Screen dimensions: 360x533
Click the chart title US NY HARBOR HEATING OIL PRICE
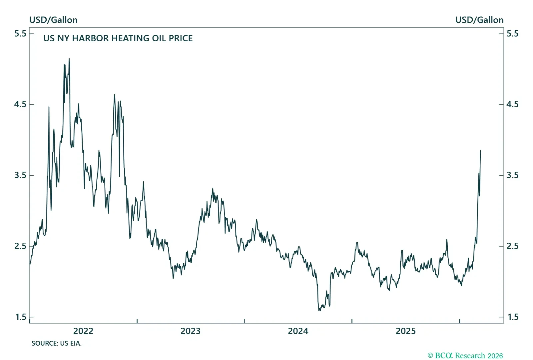coord(118,38)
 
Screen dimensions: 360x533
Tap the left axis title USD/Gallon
coord(53,20)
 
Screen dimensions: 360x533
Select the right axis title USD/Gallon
coord(479,20)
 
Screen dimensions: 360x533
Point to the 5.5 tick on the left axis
coord(20,33)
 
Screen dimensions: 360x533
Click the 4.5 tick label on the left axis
coord(20,104)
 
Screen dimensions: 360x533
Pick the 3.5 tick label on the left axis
coord(20,175)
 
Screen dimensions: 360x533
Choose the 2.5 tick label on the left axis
coord(20,246)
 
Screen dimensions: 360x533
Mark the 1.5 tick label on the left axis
coord(20,317)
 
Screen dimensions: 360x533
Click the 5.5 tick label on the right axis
coord(512,33)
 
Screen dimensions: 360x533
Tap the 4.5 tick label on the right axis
coord(512,104)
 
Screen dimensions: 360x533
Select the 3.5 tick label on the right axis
coord(512,175)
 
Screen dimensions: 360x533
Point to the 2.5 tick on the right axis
coord(512,246)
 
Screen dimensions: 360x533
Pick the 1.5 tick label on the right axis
coord(512,317)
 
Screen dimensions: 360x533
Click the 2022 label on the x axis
coord(83,331)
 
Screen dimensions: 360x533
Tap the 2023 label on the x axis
coord(191,331)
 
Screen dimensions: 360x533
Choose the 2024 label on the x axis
coord(298,331)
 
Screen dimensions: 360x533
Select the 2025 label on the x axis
coord(405,331)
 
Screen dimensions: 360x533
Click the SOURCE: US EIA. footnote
coord(57,343)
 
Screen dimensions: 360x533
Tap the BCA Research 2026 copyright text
coord(465,356)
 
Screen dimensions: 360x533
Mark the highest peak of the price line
coord(69,59)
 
